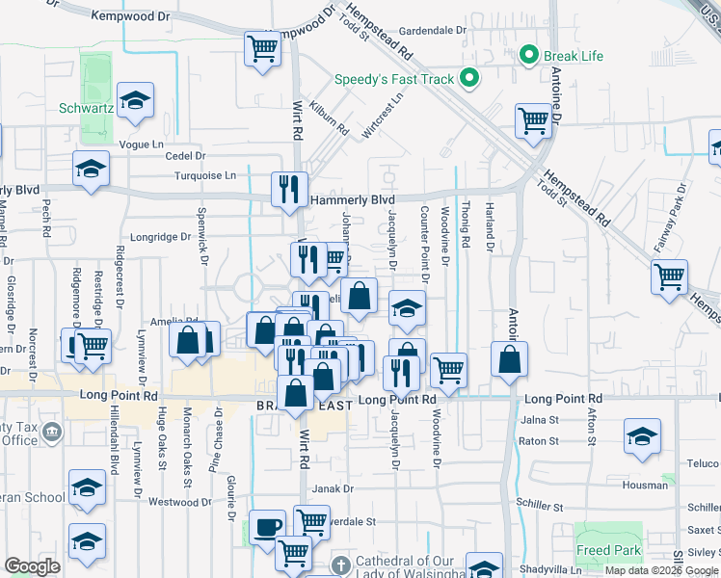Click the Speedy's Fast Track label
pos(394,79)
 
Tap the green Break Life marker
pos(528,55)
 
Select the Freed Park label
pos(608,551)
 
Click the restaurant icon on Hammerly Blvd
pos(288,187)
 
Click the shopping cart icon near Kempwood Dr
pos(262,45)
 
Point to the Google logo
pos(32,566)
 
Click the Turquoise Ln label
pos(204,175)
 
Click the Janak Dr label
pos(334,489)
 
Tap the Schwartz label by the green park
pos(87,108)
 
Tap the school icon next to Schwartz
pos(135,100)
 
